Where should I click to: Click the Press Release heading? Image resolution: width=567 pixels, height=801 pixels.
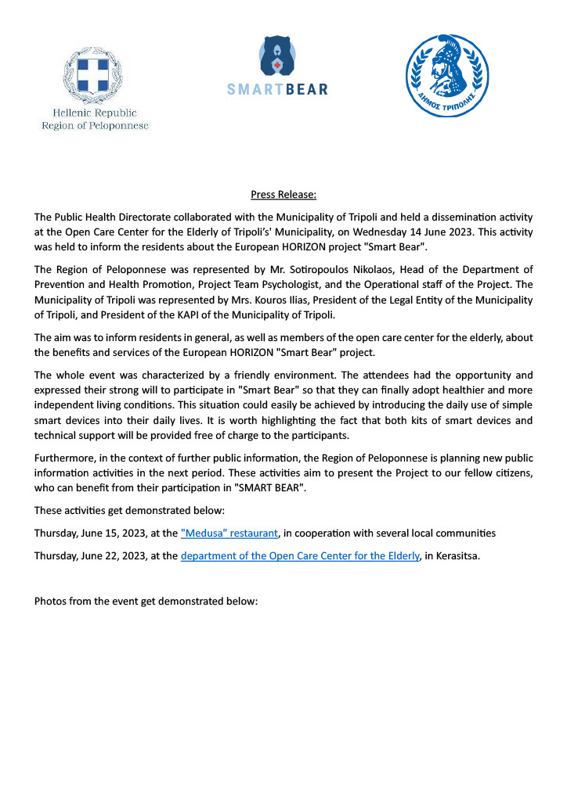[283, 194]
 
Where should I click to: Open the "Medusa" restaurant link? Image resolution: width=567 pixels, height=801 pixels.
[229, 533]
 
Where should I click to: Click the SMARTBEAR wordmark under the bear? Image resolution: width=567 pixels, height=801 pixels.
[277, 89]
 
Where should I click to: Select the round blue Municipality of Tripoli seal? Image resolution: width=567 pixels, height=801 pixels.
[447, 76]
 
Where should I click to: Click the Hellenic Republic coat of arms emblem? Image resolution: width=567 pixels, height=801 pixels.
[95, 74]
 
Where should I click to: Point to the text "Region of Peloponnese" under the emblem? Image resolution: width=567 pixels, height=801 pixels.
[95, 125]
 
